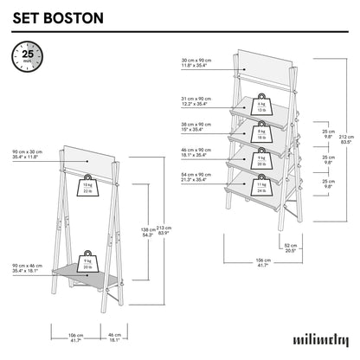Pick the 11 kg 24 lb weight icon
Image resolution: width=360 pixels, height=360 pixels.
[260, 186]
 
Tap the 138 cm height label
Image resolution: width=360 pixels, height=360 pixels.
[146, 231]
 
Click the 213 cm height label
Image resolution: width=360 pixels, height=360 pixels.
[163, 231]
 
